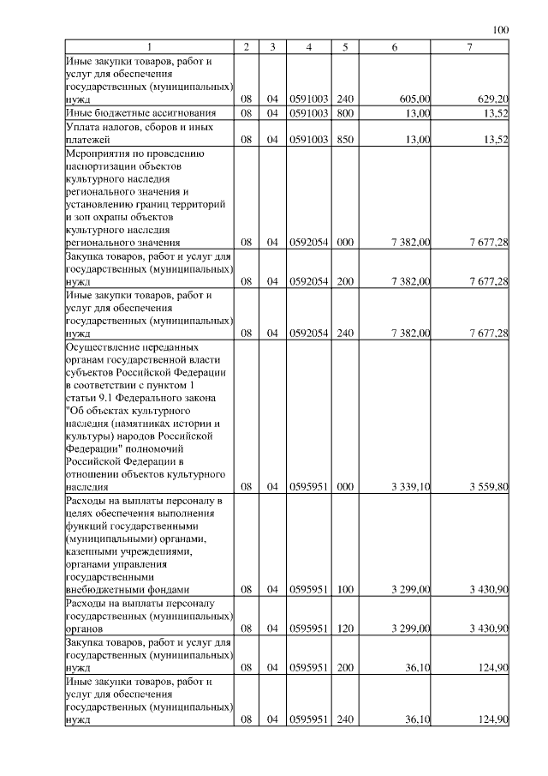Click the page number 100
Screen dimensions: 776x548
pos(502,30)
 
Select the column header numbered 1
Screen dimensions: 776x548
pos(150,47)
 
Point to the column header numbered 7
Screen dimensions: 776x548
pos(470,47)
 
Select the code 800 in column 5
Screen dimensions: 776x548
pos(345,113)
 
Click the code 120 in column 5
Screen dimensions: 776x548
pos(345,629)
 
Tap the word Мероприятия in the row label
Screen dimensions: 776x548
pos(96,153)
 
